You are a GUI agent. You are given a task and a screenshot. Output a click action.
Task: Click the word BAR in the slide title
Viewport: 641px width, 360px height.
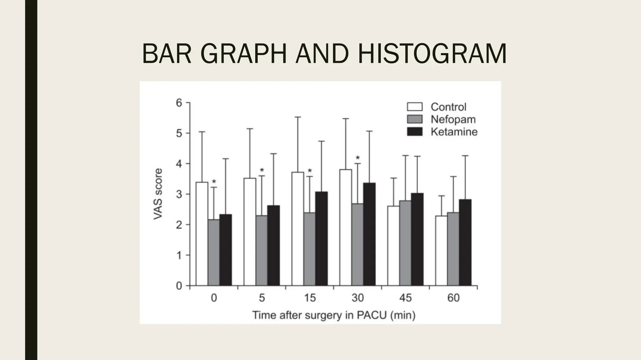pos(167,54)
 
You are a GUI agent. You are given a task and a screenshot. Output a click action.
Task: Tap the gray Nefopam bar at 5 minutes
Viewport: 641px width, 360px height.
pos(261,250)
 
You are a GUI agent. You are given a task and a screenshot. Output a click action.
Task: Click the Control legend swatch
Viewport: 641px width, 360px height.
pos(415,107)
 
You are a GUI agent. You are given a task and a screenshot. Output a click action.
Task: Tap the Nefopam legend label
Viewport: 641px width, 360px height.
pos(453,119)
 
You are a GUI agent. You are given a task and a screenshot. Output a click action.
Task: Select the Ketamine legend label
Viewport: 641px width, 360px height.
pos(454,132)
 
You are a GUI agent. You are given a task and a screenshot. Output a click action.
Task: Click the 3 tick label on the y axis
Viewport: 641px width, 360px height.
pos(179,194)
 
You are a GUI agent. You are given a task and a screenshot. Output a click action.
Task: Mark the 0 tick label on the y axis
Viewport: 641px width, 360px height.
pos(179,286)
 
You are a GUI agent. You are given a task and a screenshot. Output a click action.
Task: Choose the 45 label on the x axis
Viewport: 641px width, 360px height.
pos(405,298)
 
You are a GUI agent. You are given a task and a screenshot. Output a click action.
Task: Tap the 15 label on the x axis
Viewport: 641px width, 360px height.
pos(310,298)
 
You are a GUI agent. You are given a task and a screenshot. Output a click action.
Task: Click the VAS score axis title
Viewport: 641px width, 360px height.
pos(158,194)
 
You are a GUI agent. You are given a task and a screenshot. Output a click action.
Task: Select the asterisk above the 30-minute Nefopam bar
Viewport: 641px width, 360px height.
pos(358,158)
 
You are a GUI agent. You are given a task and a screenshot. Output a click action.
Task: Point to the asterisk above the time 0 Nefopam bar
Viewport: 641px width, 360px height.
pos(214,182)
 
